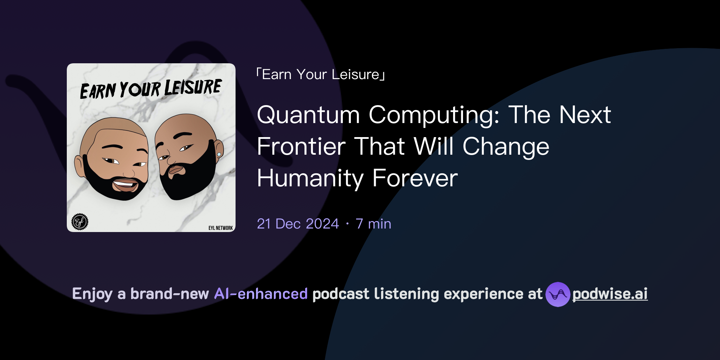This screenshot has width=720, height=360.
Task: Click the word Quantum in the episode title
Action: click(308, 115)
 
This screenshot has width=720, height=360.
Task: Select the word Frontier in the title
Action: click(301, 147)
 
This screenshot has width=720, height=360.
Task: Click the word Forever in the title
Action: click(415, 178)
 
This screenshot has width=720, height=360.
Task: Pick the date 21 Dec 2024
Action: click(298, 224)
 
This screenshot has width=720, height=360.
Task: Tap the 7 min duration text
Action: click(373, 224)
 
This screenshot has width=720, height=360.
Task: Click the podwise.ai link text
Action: click(610, 294)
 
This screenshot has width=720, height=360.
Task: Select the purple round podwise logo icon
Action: click(558, 294)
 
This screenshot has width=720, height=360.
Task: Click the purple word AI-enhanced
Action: click(261, 294)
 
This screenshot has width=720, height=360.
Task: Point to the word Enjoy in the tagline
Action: click(92, 294)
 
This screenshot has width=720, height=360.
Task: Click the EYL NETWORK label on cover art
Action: click(220, 228)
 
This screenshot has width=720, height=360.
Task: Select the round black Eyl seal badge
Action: click(80, 222)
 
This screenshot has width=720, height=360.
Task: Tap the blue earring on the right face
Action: click(219, 154)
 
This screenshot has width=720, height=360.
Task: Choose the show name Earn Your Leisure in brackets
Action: click(321, 75)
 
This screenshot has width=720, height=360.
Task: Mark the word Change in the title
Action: click(506, 147)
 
